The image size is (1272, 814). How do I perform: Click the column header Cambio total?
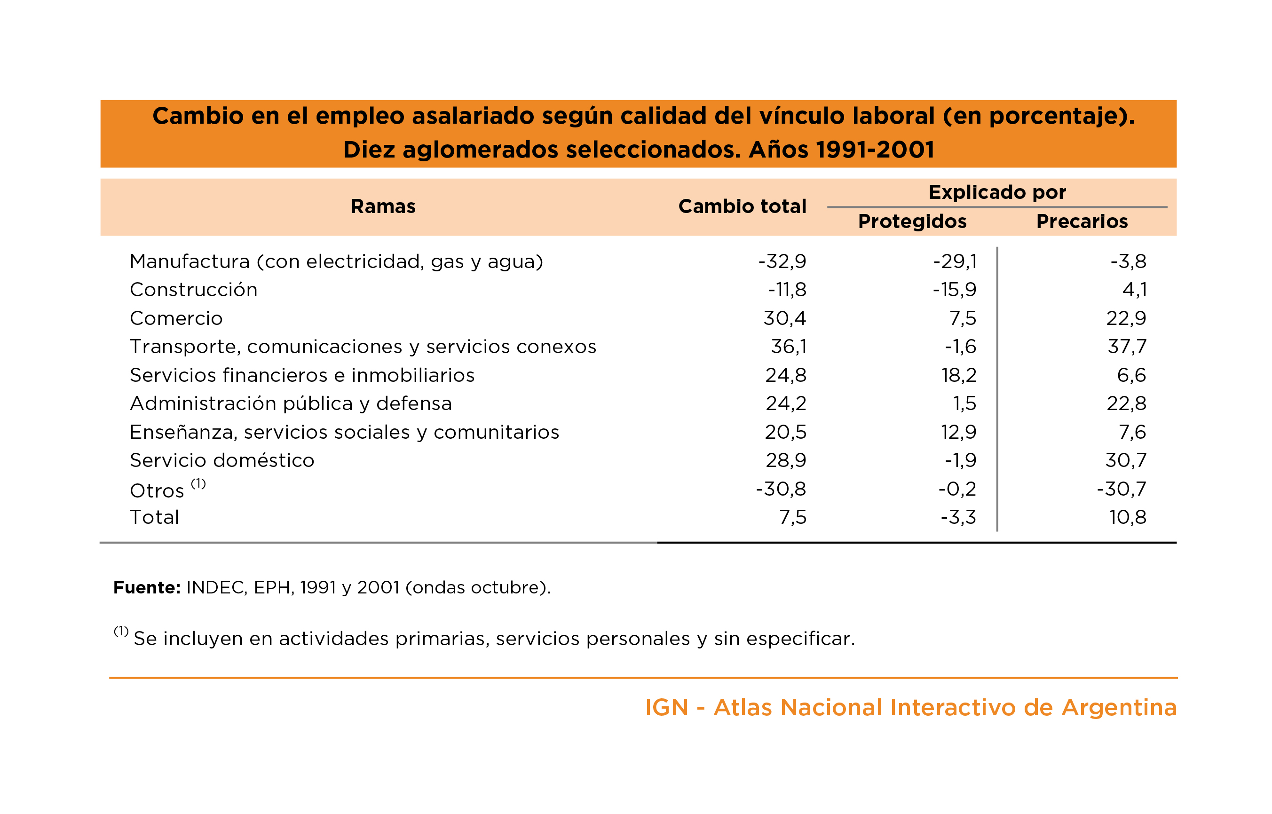[742, 206]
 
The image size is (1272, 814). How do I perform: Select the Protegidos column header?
[912, 221]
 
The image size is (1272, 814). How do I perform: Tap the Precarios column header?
[1082, 221]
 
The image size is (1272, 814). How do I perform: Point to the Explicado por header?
[997, 192]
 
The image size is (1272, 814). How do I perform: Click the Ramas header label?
[383, 206]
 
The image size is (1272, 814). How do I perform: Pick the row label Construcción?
[193, 290]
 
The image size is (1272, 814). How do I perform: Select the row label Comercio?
[176, 318]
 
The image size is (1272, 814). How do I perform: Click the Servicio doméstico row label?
[222, 460]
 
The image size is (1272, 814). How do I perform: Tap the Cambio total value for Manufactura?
[782, 261]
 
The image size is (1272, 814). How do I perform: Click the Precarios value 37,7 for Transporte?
[1127, 346]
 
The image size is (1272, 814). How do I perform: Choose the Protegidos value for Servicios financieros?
[959, 375]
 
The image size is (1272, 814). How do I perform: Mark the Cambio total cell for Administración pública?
[786, 403]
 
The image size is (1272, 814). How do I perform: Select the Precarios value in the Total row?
[1127, 517]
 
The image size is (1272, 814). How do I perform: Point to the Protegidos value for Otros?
[957, 489]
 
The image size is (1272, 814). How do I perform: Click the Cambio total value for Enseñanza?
[785, 432]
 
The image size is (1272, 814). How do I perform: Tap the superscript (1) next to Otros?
[198, 483]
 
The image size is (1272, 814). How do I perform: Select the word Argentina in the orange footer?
[1119, 707]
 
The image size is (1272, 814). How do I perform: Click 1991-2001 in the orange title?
[875, 150]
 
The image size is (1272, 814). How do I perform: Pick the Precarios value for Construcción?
[1134, 290]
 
